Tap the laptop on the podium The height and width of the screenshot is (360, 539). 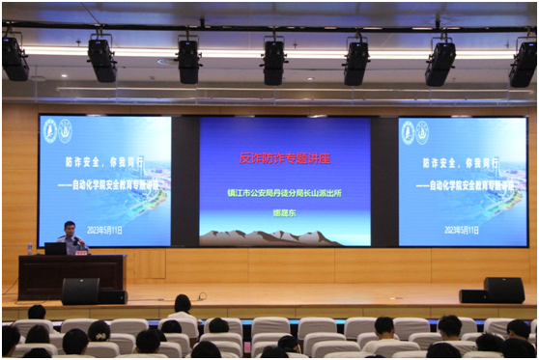[x=56, y=248]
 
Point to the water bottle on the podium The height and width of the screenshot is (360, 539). [x=30, y=249]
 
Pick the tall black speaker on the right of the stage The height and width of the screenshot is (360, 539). [x=503, y=290]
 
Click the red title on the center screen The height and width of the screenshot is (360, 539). [x=285, y=157]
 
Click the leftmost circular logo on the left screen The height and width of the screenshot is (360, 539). [x=50, y=131]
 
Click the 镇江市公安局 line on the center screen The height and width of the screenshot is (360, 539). [x=285, y=192]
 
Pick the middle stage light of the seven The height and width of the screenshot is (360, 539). [x=274, y=62]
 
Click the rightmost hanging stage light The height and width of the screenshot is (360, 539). [x=524, y=64]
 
